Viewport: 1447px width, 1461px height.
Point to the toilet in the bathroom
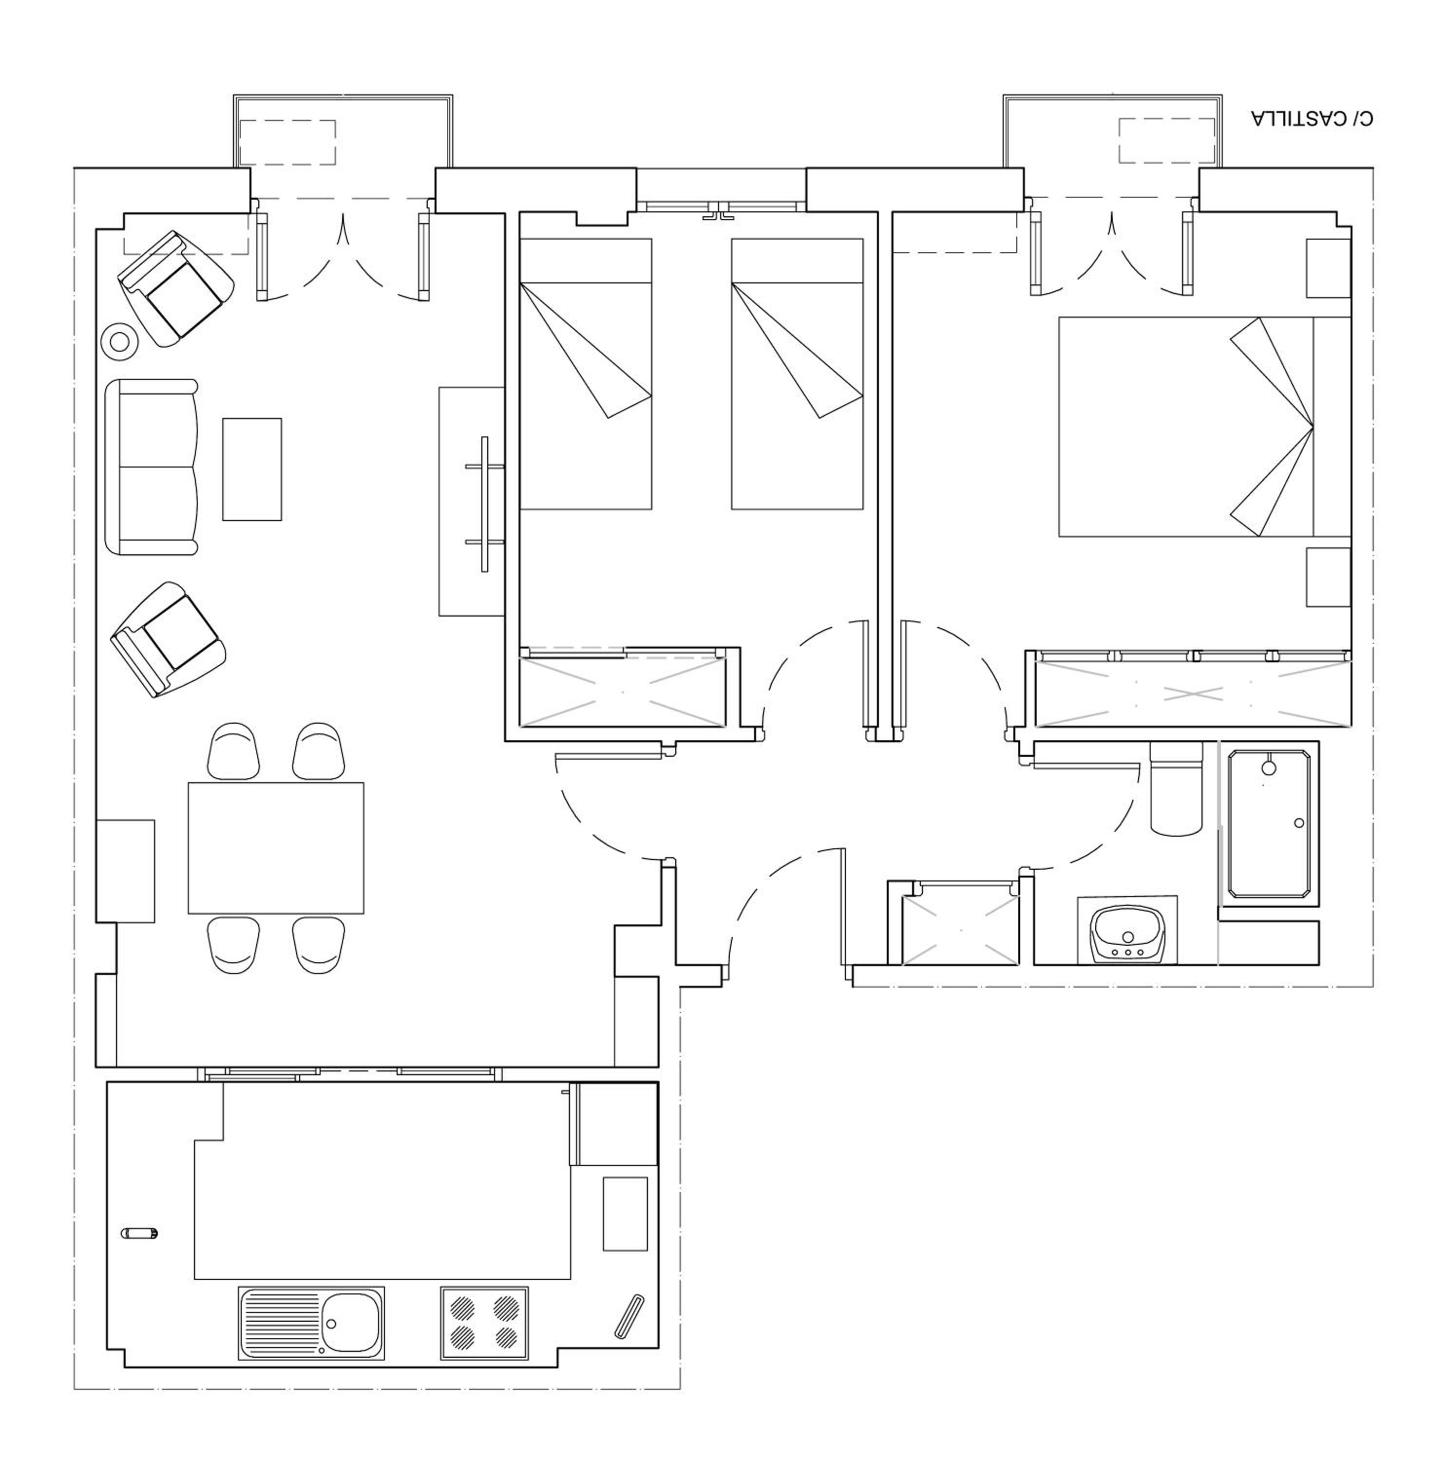pyautogui.click(x=1176, y=788)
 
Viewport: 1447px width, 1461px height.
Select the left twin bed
pyautogui.click(x=586, y=374)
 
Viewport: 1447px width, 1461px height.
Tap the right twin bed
pyautogui.click(x=797, y=374)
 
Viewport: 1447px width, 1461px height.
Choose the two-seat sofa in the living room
pyautogui.click(x=152, y=467)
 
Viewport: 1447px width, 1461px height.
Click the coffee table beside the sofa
pyautogui.click(x=252, y=469)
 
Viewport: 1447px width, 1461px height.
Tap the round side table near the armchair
pyautogui.click(x=119, y=342)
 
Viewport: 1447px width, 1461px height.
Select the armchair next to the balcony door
pyautogui.click(x=175, y=288)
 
